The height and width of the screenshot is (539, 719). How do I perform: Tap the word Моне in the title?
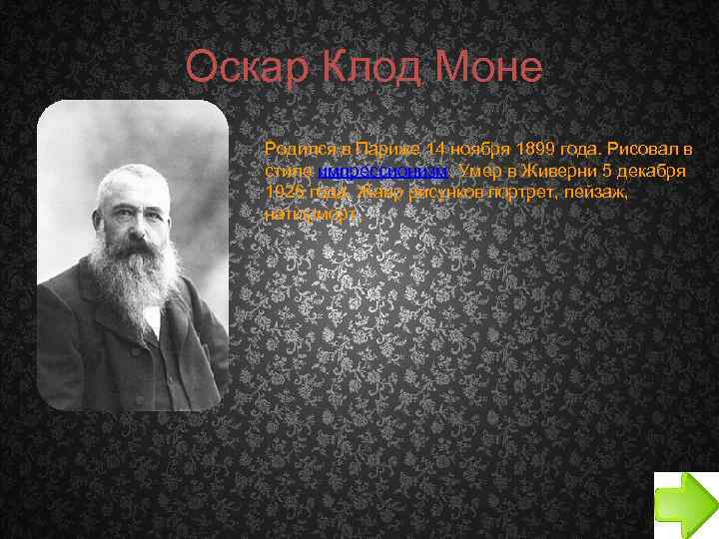[488, 68]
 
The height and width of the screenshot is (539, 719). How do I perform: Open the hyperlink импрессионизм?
[382, 171]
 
